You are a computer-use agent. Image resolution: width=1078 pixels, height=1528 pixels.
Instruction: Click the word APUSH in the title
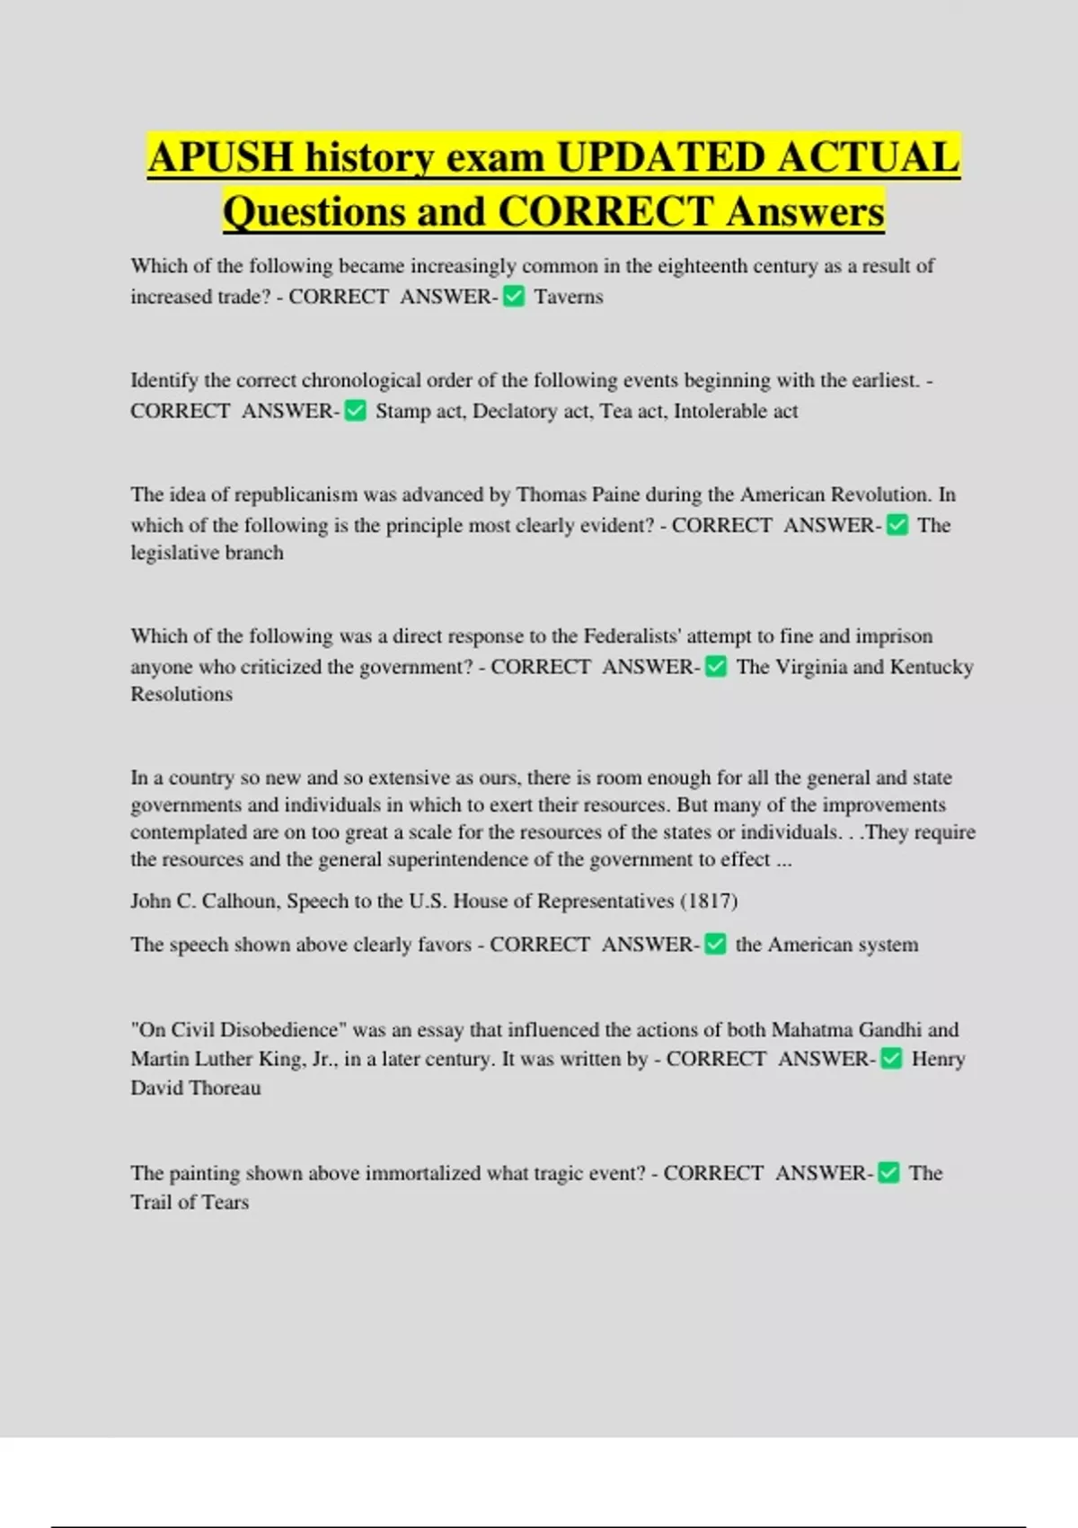pos(221,158)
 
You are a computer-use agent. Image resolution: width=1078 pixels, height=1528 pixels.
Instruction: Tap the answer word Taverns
pos(569,298)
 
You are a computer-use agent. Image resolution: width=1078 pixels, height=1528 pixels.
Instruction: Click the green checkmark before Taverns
pos(514,297)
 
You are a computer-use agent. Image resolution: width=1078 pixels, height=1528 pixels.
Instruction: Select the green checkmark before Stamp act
pos(356,411)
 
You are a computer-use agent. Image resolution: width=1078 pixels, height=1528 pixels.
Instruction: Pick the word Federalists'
pos(632,636)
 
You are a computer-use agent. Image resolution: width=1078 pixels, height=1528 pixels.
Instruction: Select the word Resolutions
pos(181,694)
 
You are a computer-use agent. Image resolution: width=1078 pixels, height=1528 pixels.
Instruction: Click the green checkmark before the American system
pos(715,945)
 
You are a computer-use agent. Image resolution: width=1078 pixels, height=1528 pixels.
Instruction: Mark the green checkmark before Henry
pos(891,1059)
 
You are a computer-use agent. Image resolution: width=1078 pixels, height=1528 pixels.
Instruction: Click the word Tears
pos(225,1203)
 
